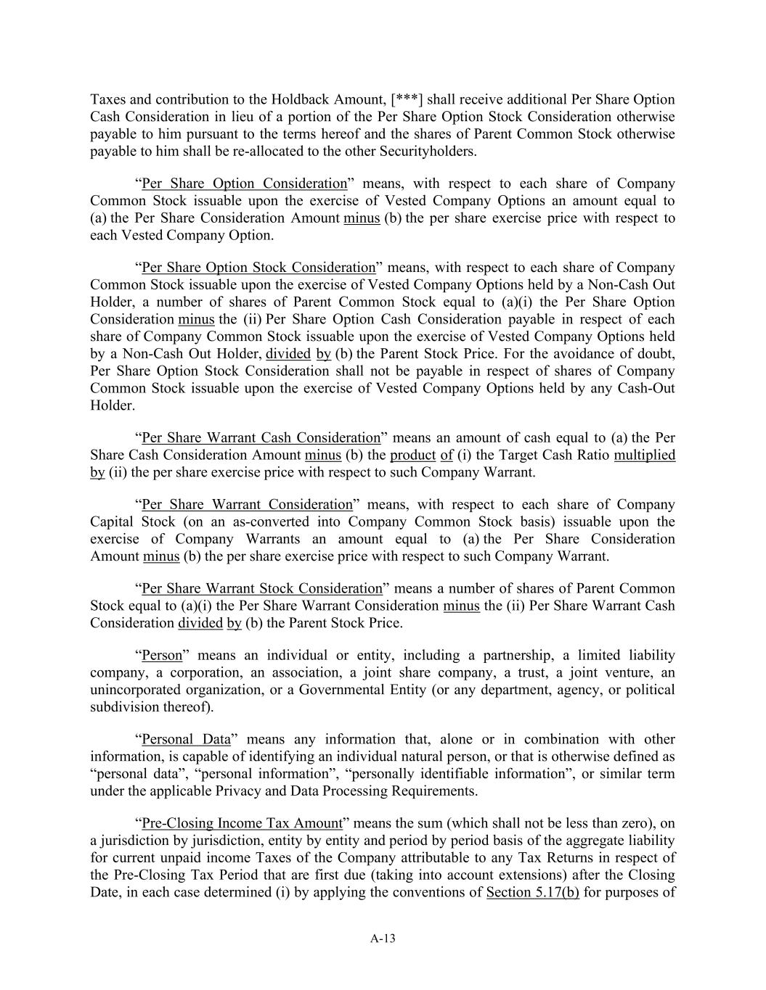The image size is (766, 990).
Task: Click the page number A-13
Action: pos(383,939)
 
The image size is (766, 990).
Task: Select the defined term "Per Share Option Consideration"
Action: pos(244,183)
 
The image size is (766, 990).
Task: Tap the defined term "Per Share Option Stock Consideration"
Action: pos(258,268)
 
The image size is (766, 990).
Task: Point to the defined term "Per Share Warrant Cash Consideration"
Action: pos(261,438)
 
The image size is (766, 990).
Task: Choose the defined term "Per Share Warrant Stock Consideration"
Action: pos(261,589)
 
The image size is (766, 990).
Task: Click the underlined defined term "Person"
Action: pos(162,656)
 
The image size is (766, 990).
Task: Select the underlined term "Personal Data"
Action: pos(186,740)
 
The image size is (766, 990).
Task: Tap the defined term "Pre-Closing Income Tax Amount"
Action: pos(242,824)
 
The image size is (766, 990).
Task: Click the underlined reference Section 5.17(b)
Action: pos(532,893)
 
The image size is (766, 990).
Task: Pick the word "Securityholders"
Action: pos(429,152)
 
